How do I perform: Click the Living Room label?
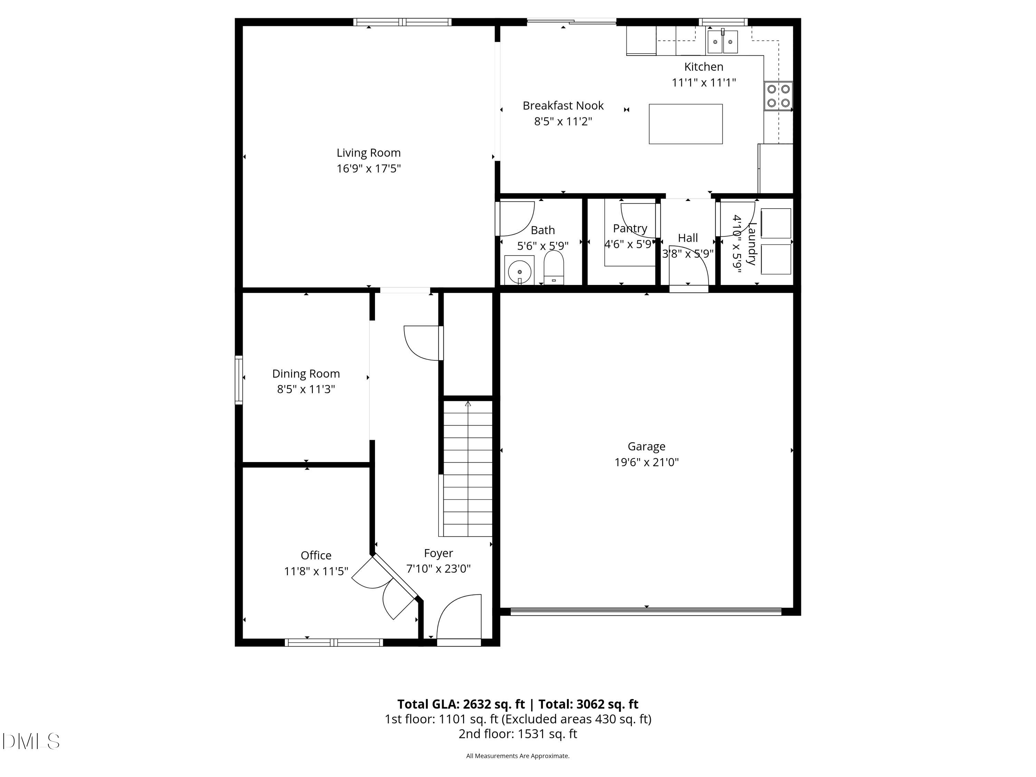[368, 153]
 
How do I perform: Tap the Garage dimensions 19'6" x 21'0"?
[646, 462]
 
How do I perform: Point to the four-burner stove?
[778, 96]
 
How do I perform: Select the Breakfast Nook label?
[563, 106]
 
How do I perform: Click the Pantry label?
[630, 229]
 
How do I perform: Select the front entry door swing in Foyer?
[458, 617]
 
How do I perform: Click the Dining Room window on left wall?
[239, 380]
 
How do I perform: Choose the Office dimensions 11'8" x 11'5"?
[316, 572]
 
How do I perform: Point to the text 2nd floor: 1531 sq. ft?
[518, 734]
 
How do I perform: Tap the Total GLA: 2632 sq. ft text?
[461, 704]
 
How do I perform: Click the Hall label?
[688, 238]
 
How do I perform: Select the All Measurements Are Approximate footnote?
[518, 756]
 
